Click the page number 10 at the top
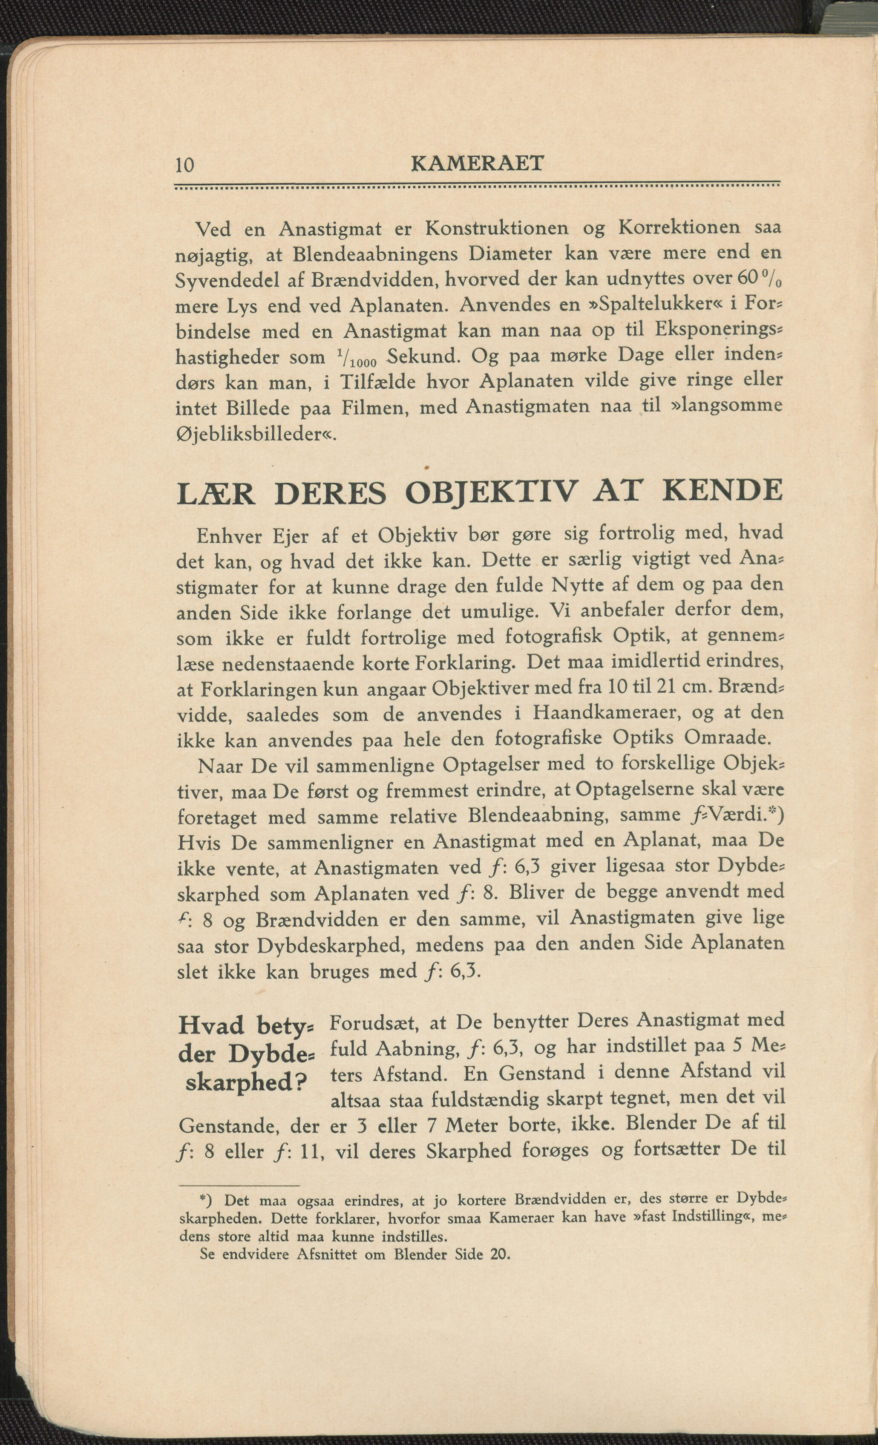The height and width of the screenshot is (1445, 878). [x=185, y=165]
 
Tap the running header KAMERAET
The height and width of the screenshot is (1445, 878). [x=478, y=164]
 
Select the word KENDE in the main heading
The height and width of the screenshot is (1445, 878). [x=722, y=490]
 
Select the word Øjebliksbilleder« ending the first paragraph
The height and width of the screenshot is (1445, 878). [x=256, y=435]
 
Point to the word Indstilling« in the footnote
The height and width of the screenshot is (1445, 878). [x=710, y=1216]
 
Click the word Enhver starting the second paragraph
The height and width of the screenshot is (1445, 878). [x=229, y=535]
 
